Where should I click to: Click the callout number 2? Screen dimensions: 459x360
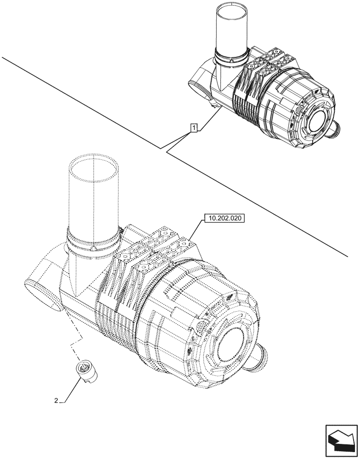56,400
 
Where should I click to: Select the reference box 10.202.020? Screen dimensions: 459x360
223,218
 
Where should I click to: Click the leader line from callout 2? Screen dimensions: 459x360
67,390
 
